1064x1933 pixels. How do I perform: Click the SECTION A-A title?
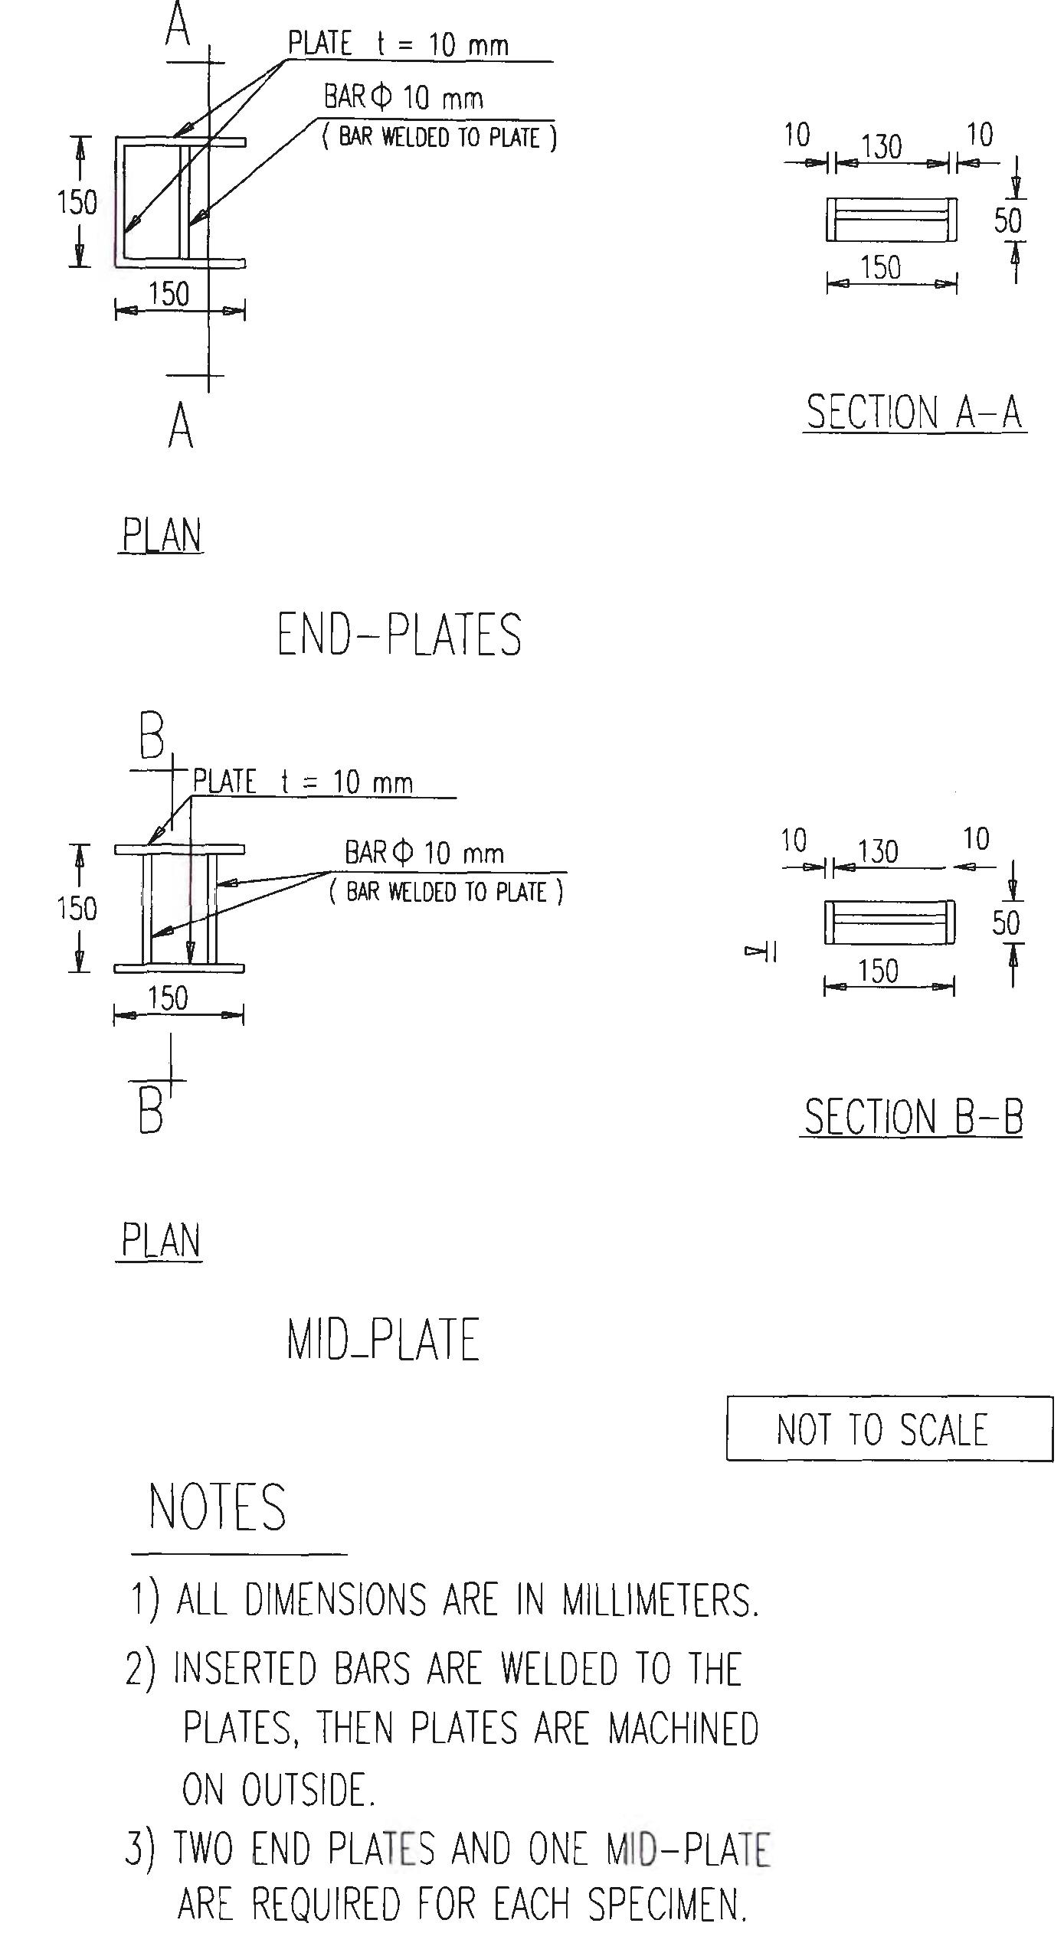point(915,413)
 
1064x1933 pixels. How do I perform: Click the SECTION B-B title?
point(912,1117)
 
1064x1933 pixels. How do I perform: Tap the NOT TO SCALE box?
point(889,1429)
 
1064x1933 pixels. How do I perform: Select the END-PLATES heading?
point(399,635)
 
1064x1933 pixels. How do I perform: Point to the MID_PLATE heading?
point(383,1339)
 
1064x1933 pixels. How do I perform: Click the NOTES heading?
point(218,1507)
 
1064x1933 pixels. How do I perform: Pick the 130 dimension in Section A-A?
point(882,146)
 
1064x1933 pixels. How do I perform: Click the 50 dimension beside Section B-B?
point(1006,922)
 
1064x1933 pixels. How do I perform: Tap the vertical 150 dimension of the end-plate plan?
point(77,203)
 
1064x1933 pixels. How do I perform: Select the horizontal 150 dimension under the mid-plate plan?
point(168,998)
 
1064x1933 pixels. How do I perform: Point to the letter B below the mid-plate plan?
point(151,1112)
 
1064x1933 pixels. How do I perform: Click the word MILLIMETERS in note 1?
point(660,1602)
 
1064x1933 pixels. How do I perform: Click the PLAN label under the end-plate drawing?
point(162,535)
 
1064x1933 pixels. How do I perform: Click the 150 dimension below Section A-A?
point(881,268)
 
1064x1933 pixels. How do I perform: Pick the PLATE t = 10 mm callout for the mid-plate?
point(303,782)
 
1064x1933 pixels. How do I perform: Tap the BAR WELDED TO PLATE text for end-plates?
point(440,138)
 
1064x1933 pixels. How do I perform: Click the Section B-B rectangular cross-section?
point(889,922)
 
